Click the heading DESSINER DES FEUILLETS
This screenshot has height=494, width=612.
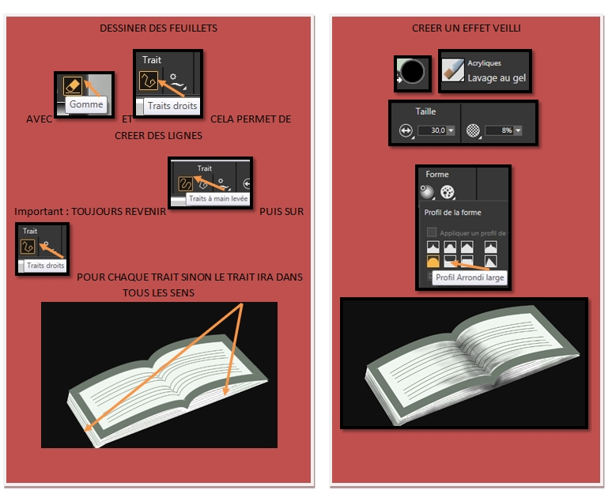pos(158,28)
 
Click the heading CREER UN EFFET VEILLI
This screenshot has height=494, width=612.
pos(466,28)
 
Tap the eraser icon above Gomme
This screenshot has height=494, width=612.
pos(73,85)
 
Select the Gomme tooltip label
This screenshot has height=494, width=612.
pos(86,104)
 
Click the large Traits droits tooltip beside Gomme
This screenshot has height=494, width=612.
pos(172,106)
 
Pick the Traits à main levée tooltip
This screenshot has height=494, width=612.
pos(217,198)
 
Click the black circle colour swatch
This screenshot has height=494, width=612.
pos(412,72)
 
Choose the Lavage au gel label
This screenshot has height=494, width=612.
pos(497,78)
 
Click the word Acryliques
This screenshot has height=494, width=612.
pos(484,63)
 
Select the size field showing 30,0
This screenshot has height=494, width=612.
pos(436,130)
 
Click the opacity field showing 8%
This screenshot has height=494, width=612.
pos(503,130)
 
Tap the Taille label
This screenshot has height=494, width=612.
pos(425,111)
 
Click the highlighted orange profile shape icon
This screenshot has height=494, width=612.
pos(433,261)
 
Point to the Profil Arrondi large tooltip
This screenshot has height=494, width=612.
pos(470,277)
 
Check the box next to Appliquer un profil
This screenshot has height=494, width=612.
pos(431,232)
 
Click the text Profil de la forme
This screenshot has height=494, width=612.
pos(452,213)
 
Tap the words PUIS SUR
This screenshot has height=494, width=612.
pos(281,212)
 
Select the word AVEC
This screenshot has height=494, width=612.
pos(39,119)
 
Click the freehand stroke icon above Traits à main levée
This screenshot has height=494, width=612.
pos(185,184)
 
